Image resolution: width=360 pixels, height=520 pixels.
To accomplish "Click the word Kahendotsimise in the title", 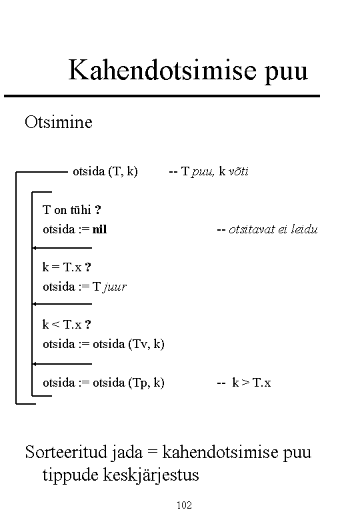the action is (x=163, y=70).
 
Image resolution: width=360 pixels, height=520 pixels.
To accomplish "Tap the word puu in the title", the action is (x=287, y=73).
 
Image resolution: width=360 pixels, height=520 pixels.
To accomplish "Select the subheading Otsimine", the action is (x=59, y=122).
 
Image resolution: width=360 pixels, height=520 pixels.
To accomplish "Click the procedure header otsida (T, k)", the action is (x=105, y=171).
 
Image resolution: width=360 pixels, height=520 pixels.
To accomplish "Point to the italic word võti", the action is (x=239, y=171).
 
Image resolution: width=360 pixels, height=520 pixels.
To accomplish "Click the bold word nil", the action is (x=99, y=229).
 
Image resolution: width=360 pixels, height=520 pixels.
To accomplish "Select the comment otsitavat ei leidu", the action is (x=273, y=229).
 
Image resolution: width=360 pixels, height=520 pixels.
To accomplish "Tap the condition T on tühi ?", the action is (x=71, y=209).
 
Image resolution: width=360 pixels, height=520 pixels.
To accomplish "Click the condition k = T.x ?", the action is (x=66, y=267).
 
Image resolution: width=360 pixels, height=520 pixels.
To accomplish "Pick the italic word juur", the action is (x=115, y=287).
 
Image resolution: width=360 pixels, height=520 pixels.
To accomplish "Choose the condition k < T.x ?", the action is (x=66, y=325).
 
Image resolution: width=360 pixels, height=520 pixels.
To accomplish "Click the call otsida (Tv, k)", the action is (x=129, y=344).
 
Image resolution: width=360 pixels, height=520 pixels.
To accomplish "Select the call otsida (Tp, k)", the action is (x=129, y=383).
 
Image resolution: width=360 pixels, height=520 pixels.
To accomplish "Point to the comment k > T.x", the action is (x=251, y=383).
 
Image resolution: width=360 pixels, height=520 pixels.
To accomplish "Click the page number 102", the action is (x=184, y=505).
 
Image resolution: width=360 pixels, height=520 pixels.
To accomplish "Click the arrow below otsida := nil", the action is (x=62, y=248).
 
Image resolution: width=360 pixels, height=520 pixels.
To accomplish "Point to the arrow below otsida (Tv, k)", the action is (x=62, y=364).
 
